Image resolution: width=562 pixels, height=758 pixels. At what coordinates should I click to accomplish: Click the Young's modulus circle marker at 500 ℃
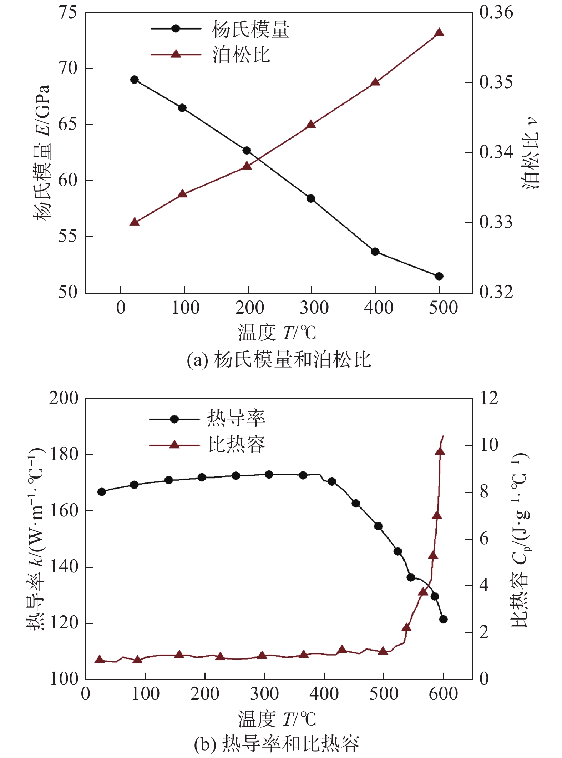coord(439,276)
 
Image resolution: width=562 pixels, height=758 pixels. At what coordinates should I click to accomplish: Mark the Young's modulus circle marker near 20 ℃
coord(135,80)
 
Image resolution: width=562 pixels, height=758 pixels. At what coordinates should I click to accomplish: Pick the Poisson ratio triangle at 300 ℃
coord(311,124)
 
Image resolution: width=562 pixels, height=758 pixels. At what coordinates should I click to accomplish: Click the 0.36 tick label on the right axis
coord(496,12)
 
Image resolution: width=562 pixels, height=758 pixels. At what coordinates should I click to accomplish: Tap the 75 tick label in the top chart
coord(67,12)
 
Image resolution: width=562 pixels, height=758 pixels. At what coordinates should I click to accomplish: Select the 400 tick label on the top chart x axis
coord(378,308)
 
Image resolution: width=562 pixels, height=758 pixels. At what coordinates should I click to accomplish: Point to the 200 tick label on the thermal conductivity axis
coord(64,398)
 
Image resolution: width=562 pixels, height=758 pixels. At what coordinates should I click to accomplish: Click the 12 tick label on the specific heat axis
coord(489,398)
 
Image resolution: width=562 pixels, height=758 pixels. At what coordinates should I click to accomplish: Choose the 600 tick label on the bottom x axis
coord(443,694)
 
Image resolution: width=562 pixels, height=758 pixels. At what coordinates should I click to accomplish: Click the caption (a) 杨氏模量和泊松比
coord(279,360)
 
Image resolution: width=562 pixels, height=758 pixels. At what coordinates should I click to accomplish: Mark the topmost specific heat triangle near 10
coord(440,452)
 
